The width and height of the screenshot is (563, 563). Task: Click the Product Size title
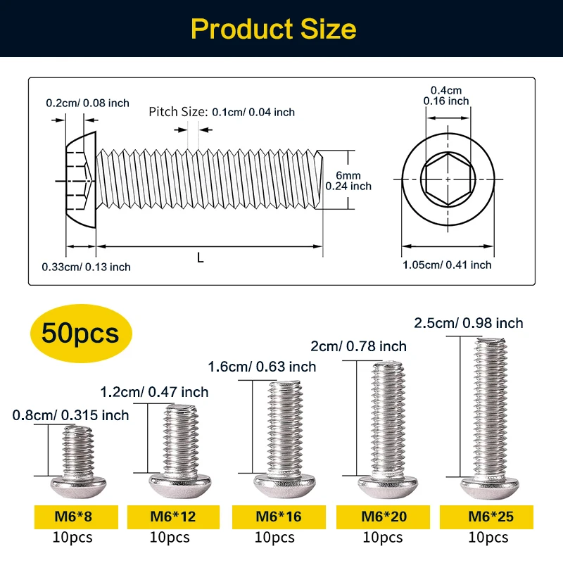(x=273, y=30)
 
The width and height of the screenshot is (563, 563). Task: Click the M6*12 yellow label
(x=172, y=517)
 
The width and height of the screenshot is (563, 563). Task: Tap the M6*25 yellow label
(x=487, y=517)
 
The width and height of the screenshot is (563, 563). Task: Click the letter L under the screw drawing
(x=200, y=258)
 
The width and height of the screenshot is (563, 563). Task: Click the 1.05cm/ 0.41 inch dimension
(x=447, y=265)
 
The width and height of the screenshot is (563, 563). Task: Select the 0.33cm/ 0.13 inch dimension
(x=86, y=267)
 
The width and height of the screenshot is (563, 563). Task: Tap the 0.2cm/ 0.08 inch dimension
(x=87, y=103)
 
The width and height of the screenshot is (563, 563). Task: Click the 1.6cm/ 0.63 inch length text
(x=262, y=367)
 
